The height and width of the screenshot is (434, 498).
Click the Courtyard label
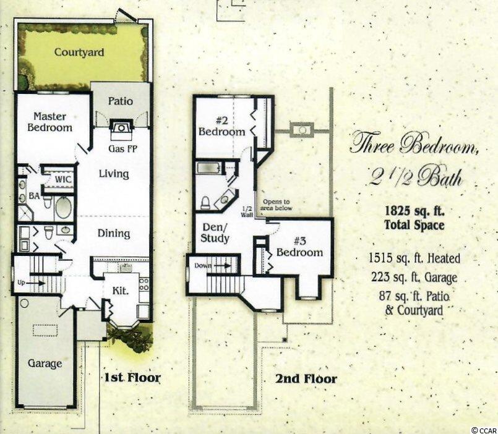click(79, 52)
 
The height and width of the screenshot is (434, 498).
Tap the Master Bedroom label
click(50, 122)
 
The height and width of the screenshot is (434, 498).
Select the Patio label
click(121, 101)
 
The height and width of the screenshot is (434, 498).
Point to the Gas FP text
click(122, 148)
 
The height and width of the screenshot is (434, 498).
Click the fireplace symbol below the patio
click(121, 128)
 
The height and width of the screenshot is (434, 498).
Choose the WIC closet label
click(63, 180)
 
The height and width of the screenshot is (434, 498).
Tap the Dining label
click(114, 233)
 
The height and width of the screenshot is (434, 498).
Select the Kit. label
click(121, 291)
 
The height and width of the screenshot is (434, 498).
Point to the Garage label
click(45, 364)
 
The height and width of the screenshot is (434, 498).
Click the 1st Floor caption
click(133, 378)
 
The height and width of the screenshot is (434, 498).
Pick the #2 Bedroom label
click(221, 126)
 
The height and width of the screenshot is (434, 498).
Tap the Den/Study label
click(215, 232)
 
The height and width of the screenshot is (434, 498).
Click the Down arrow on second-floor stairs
click(223, 265)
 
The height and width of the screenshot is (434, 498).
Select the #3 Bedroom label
click(299, 247)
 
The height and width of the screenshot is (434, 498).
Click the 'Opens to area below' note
click(276, 205)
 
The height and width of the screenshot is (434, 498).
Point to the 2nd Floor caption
click(306, 378)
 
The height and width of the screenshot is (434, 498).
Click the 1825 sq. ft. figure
click(414, 211)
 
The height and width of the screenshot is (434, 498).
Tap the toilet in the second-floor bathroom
click(205, 203)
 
